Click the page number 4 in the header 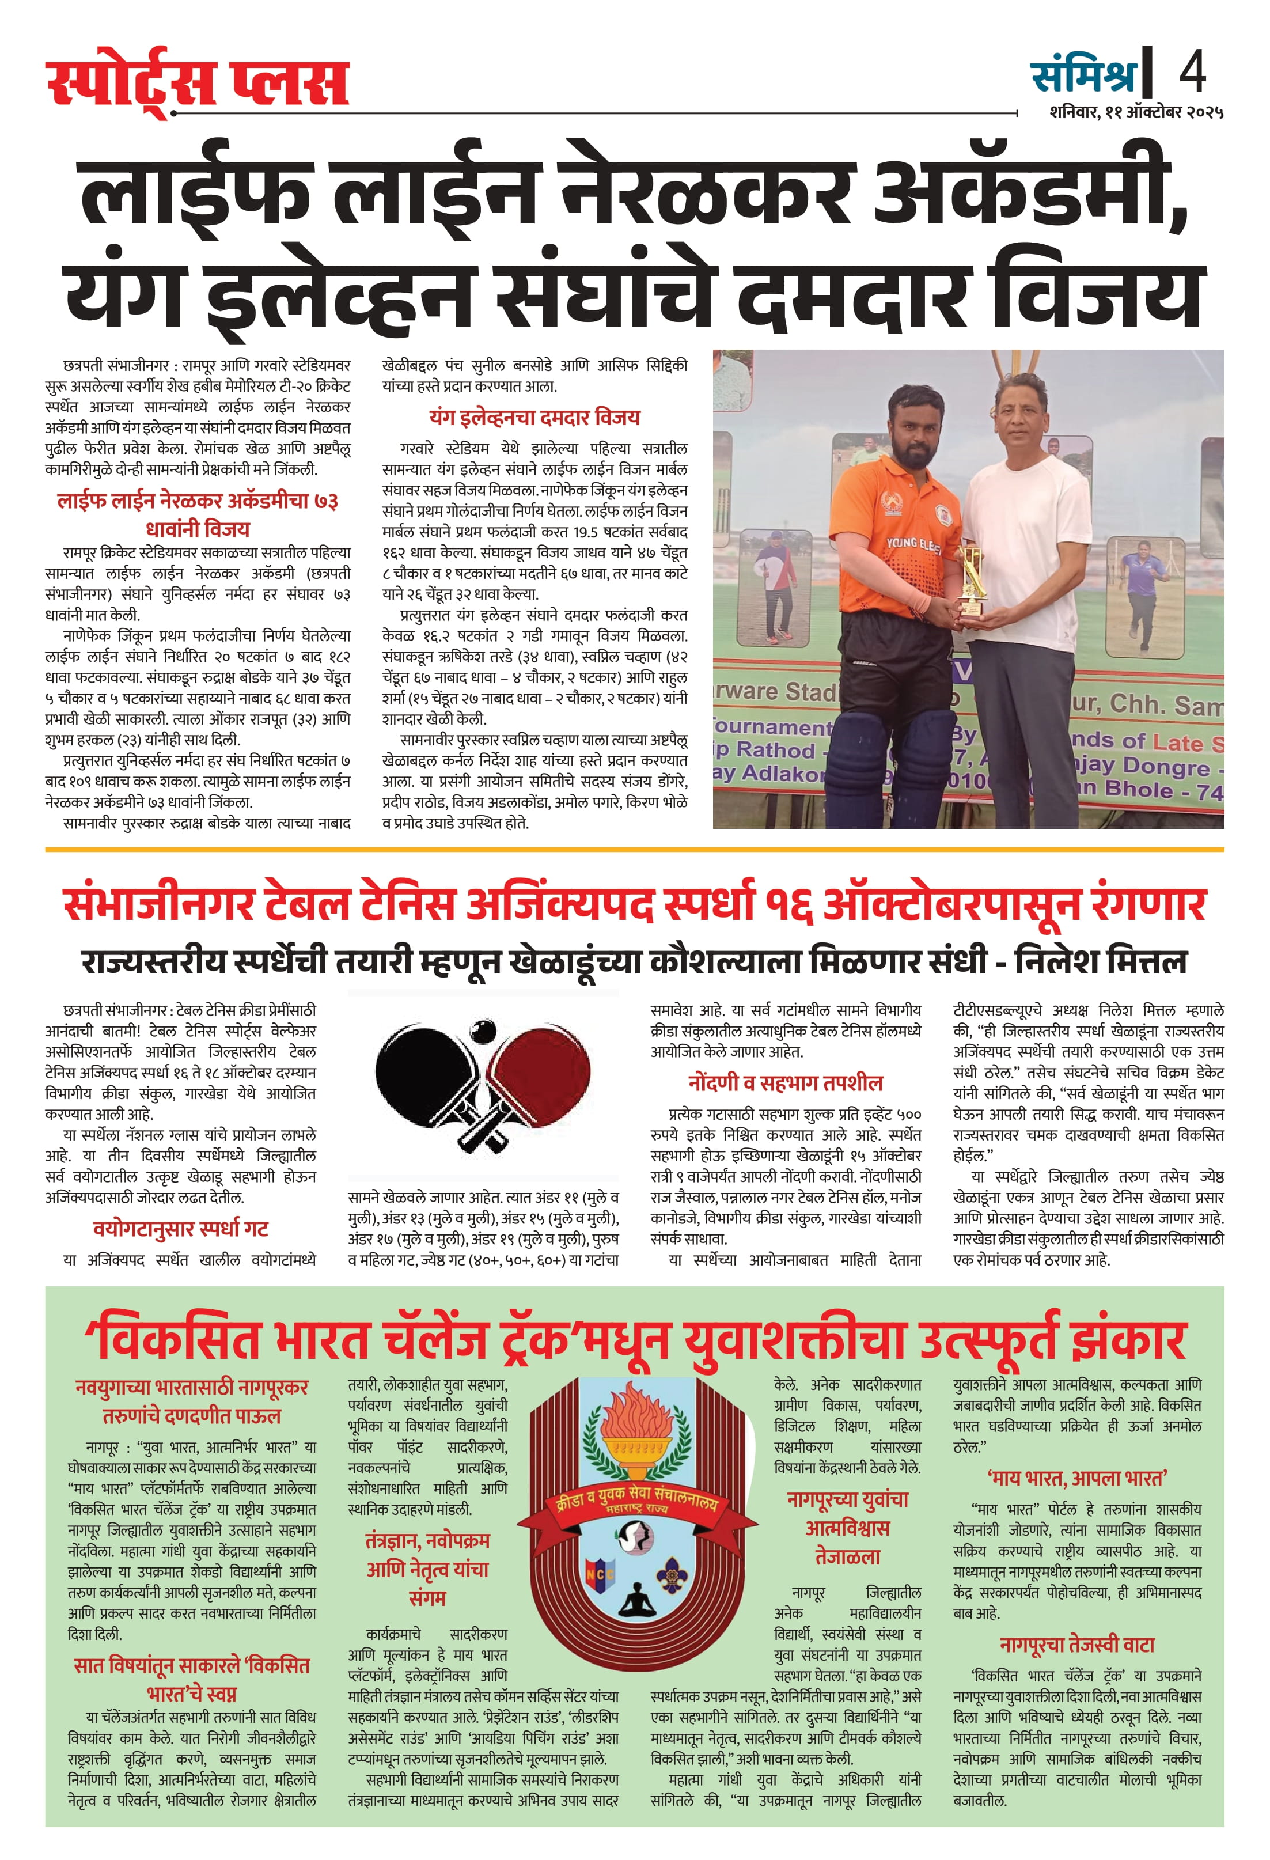point(1192,72)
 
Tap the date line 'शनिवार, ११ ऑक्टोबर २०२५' point(1136,112)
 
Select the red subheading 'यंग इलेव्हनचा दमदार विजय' point(534,417)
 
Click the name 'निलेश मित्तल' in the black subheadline point(1100,961)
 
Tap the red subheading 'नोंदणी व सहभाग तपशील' point(785,1083)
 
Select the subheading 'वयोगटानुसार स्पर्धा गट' point(180,1229)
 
